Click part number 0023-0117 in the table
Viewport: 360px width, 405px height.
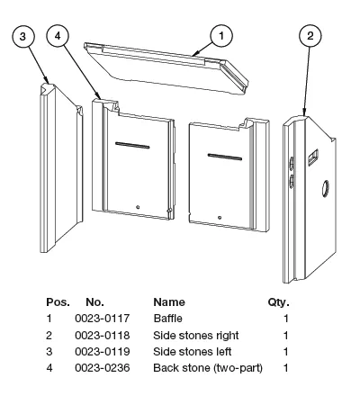(103, 319)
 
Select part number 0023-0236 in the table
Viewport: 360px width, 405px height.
(103, 368)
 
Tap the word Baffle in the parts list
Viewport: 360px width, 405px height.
(167, 319)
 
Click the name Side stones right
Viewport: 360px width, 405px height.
(196, 335)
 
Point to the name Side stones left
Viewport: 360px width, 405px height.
(193, 352)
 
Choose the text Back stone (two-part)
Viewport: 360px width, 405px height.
(208, 368)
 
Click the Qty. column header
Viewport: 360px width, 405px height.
(278, 302)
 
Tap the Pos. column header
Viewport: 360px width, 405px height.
(58, 302)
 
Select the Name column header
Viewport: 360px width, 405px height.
(169, 302)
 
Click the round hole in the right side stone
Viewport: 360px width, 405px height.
(325, 189)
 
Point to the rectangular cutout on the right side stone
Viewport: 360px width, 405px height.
(313, 157)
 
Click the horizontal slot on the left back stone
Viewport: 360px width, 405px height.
(132, 145)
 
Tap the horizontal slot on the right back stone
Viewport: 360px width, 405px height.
(225, 157)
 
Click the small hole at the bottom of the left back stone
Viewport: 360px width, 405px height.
(138, 207)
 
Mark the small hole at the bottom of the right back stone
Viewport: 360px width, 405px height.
(220, 218)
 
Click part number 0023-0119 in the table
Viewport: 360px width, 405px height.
(103, 352)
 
